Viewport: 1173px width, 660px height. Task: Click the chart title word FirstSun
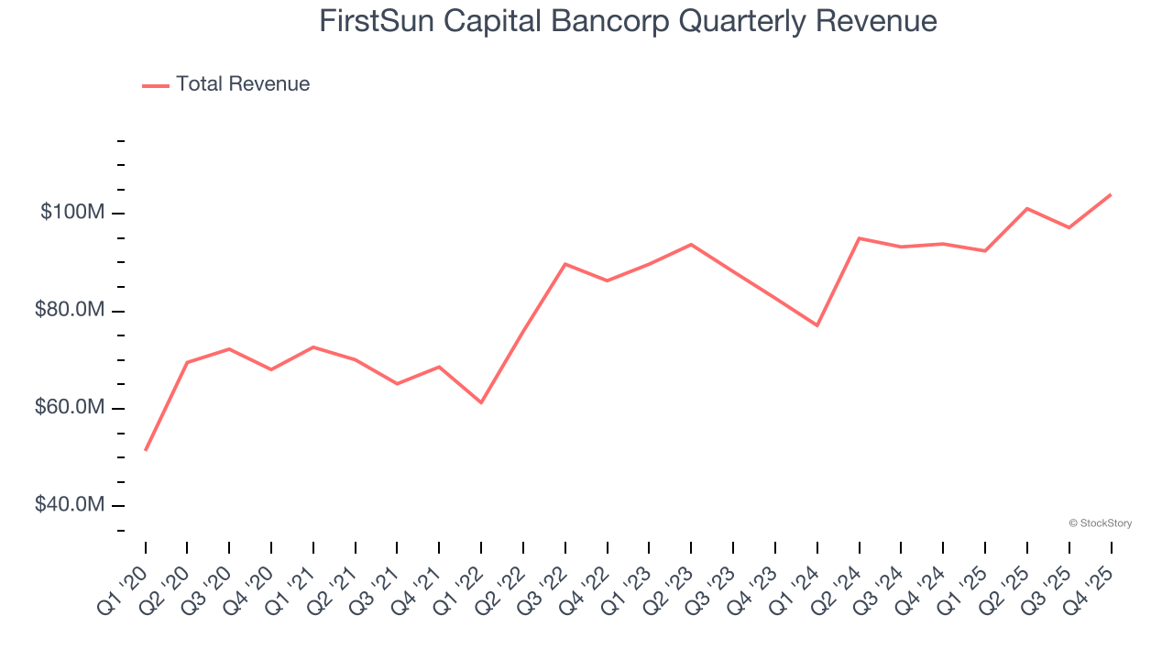click(x=376, y=21)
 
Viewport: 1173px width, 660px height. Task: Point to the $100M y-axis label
click(x=72, y=213)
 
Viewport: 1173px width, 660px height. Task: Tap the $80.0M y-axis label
click(x=69, y=311)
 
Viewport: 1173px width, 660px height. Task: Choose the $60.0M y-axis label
click(x=69, y=408)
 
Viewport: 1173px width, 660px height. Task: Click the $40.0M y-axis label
click(x=69, y=505)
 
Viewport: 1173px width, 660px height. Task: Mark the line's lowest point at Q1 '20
click(x=146, y=450)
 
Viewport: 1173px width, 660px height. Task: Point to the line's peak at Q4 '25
click(x=1111, y=194)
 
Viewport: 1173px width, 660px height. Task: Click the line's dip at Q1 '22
click(x=481, y=402)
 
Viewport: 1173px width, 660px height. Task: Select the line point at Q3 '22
click(x=565, y=264)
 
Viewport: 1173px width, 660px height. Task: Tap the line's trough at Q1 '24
click(x=817, y=325)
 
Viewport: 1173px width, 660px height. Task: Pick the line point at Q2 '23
click(x=691, y=245)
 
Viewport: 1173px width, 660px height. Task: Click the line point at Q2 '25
click(x=1027, y=209)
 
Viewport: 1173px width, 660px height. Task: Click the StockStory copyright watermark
click(x=1101, y=523)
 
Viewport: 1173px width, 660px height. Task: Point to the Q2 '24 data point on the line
click(x=859, y=238)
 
